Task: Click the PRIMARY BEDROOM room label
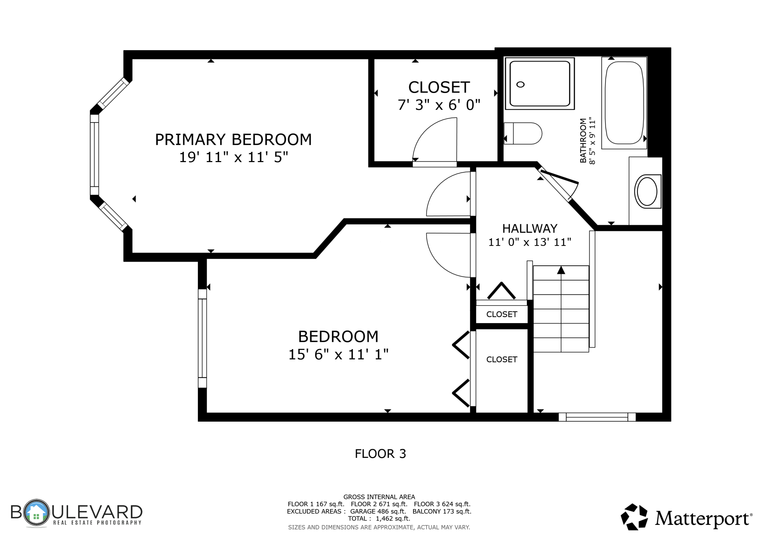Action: [233, 139]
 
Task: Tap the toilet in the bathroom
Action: [522, 134]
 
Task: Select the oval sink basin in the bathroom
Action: [647, 191]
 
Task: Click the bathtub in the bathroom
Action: [624, 103]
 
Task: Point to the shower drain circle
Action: [520, 85]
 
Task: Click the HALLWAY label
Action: [530, 229]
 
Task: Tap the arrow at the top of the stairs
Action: [561, 270]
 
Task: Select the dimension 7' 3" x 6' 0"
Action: [439, 105]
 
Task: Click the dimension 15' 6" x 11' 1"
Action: [338, 354]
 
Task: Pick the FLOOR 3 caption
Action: [380, 454]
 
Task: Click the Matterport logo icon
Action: [634, 517]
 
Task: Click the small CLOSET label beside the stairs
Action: [502, 314]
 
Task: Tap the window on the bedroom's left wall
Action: [202, 339]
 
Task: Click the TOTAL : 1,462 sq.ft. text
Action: [379, 519]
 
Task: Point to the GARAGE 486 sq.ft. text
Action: [378, 511]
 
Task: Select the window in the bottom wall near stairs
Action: [597, 417]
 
